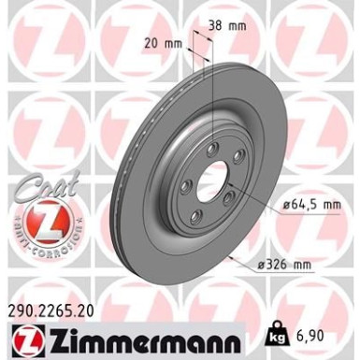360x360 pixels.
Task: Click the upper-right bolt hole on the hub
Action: [237, 155]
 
